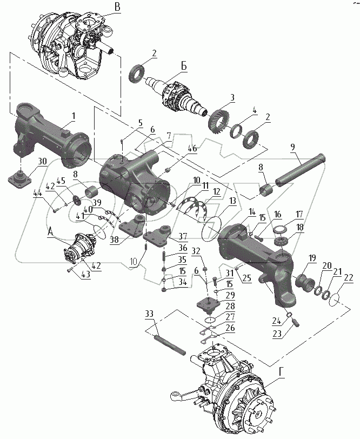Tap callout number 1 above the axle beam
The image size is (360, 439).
(74, 116)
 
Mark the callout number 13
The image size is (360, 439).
(232, 201)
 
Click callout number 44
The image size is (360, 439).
(37, 193)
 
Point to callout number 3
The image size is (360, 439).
(231, 98)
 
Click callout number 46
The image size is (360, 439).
(192, 148)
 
